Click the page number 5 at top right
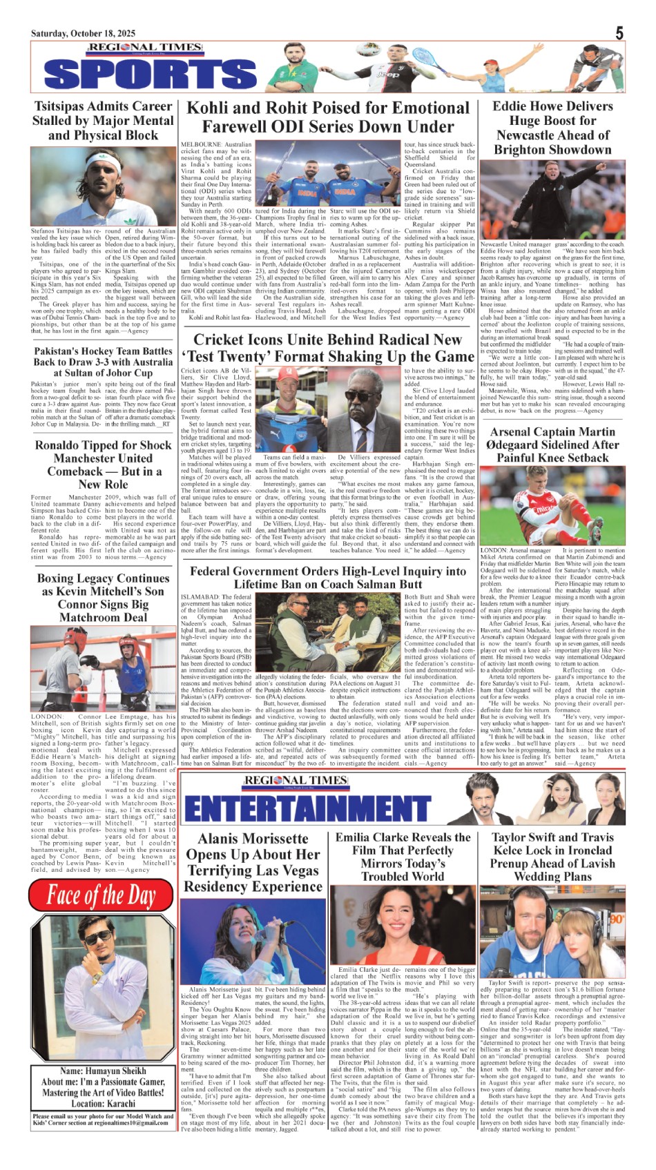619,32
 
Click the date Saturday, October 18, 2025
83,34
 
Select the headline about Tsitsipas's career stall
103,121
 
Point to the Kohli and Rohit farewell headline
328,117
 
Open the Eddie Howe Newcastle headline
552,128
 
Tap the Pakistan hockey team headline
103,362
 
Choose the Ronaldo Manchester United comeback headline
103,465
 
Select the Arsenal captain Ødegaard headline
552,445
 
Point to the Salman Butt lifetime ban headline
328,578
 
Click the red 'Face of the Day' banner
102,896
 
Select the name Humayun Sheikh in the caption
102,1071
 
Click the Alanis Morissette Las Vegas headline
253,863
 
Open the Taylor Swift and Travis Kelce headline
552,857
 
